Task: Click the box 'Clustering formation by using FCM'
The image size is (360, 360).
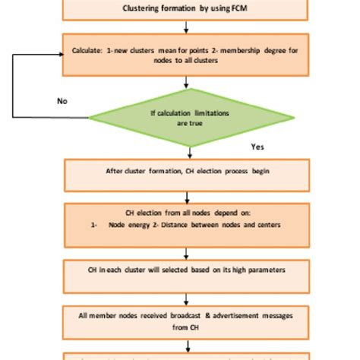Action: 186,9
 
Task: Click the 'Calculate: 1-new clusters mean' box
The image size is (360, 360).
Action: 186,54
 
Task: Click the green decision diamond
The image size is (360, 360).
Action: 191,118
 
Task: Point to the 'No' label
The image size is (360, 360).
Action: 63,100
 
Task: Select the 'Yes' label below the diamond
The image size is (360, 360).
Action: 257,146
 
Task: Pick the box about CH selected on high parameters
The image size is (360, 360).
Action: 186,270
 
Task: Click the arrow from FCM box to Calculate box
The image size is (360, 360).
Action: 186,27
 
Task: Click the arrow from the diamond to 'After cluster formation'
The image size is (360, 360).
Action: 186,150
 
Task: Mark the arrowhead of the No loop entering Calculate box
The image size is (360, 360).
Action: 60,54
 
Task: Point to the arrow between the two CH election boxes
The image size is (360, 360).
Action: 186,197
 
